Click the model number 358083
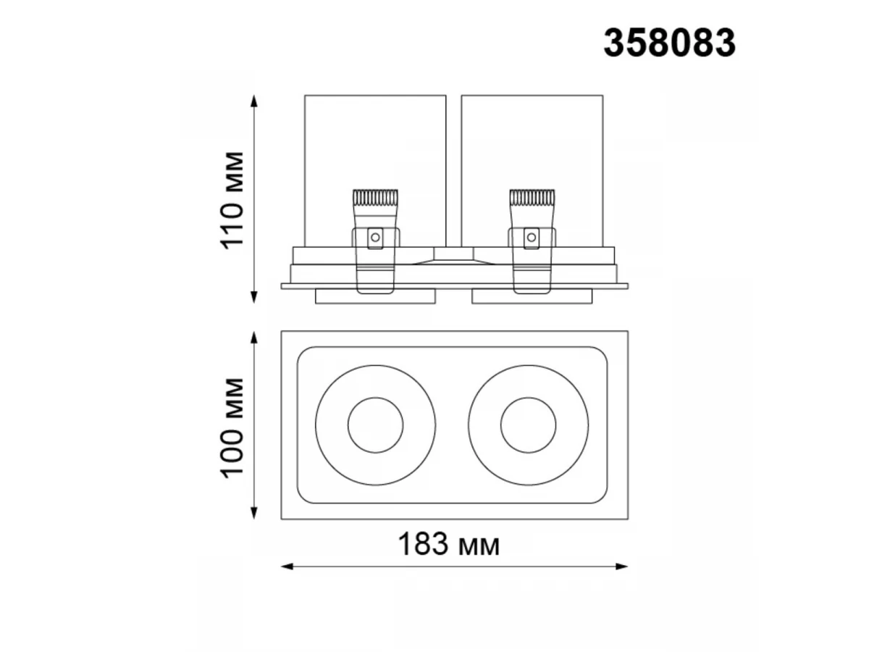[x=668, y=43]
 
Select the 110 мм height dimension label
[x=232, y=201]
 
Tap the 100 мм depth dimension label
[x=232, y=428]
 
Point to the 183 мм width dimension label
[x=448, y=544]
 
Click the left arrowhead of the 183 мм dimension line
[x=287, y=567]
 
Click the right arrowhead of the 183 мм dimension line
[x=622, y=567]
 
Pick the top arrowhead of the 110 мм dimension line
[x=254, y=101]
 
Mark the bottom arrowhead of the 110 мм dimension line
[x=254, y=297]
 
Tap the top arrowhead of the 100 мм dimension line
[x=254, y=338]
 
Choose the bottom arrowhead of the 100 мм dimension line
[x=254, y=513]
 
